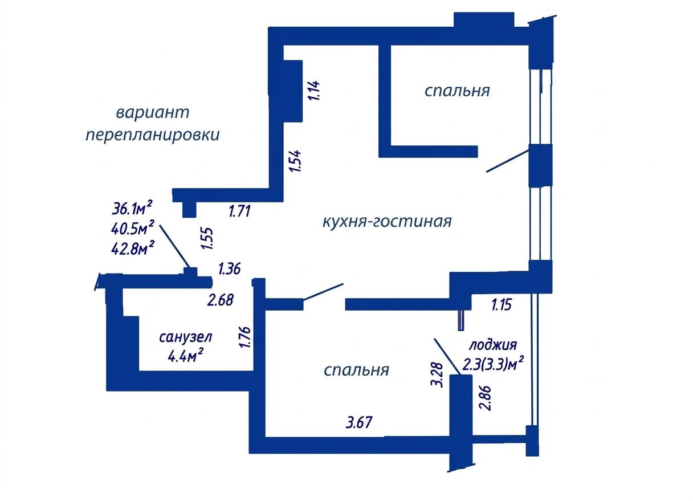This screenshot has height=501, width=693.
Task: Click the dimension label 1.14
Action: pos(313,91)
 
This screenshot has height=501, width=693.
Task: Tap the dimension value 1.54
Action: pos(295,161)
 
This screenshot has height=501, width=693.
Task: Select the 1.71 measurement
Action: pos(239,211)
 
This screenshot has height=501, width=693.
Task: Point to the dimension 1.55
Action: pos(207,239)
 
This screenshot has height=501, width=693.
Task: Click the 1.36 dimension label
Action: pos(229,268)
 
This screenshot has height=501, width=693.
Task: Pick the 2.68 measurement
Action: pos(221,300)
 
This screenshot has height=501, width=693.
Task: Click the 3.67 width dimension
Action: pos(359,422)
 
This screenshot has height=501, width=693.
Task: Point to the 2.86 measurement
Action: pos(485,398)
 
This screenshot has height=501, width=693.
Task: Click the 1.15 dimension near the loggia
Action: pos(502,304)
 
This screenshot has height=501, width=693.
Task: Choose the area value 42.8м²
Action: pos(133,247)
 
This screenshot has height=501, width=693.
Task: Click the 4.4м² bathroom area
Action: pos(185,355)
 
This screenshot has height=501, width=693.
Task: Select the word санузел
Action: pos(186,337)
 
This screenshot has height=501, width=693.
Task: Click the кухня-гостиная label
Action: pos(387,222)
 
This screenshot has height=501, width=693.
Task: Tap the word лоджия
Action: pos(493,345)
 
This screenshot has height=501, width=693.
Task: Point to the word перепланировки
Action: pos(153,135)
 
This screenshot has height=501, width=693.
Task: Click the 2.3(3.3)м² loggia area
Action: pos(493,364)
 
